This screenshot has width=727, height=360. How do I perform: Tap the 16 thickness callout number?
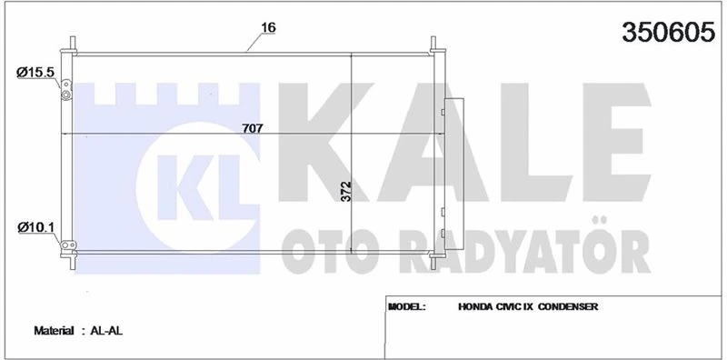[268, 26]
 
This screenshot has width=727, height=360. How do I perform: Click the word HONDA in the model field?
[478, 307]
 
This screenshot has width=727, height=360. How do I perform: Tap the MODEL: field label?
[407, 307]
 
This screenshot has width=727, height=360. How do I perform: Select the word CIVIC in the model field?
[518, 307]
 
